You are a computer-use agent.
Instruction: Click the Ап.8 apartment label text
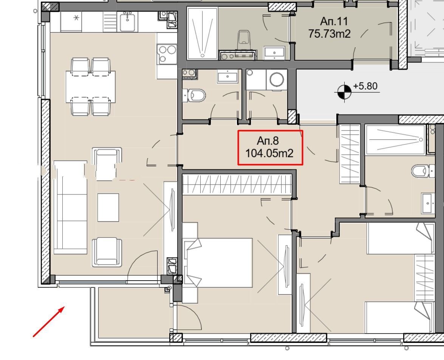268,141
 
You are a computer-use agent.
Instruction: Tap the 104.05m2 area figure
269,154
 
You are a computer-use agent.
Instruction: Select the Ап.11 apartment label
334,21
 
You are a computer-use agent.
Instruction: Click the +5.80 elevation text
365,86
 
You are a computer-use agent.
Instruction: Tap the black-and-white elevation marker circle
345,92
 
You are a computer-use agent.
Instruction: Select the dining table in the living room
91,87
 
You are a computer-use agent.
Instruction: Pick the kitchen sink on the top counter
127,22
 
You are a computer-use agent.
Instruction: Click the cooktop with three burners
167,54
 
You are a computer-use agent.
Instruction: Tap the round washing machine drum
277,80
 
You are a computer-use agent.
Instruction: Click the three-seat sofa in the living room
70,207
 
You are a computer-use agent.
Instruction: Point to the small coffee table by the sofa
108,208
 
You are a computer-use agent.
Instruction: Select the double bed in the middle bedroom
218,263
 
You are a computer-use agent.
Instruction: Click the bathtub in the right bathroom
396,140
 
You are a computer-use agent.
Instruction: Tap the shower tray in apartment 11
202,33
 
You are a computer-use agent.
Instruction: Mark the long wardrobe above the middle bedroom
237,185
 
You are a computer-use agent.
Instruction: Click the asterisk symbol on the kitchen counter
76,18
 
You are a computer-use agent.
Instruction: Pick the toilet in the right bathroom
423,171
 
